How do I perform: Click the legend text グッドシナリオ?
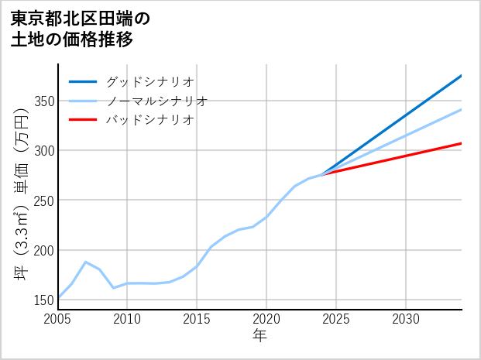click(x=149, y=81)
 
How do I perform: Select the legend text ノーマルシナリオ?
click(x=156, y=101)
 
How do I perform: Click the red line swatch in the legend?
click(x=83, y=120)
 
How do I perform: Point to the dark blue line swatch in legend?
click(x=83, y=81)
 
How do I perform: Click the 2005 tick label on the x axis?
click(x=58, y=319)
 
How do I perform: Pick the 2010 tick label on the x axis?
click(x=128, y=319)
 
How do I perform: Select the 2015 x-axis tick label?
click(x=198, y=319)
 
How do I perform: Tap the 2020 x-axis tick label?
click(x=266, y=319)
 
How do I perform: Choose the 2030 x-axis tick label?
click(x=406, y=319)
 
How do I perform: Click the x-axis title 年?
click(x=260, y=336)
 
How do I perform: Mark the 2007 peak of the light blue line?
click(x=86, y=262)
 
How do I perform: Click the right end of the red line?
click(x=462, y=143)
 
